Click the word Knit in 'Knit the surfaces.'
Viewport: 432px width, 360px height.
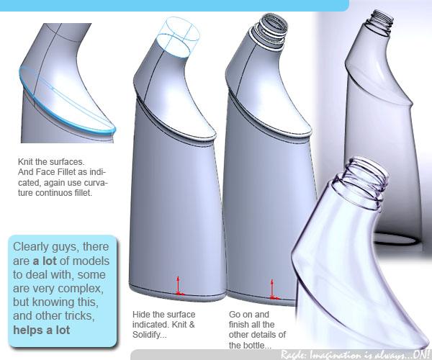pyautogui.click(x=25, y=161)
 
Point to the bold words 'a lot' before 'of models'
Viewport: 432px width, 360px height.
pyautogui.click(x=45, y=261)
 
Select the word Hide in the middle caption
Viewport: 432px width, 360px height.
pyautogui.click(x=140, y=314)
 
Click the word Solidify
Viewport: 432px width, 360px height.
pyautogui.click(x=149, y=335)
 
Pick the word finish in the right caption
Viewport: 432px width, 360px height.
pyautogui.click(x=238, y=325)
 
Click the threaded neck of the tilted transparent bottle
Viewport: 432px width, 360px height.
pyautogui.click(x=360, y=184)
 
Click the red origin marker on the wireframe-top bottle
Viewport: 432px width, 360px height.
pyautogui.click(x=179, y=287)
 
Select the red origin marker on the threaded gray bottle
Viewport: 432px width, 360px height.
pyautogui.click(x=274, y=289)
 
